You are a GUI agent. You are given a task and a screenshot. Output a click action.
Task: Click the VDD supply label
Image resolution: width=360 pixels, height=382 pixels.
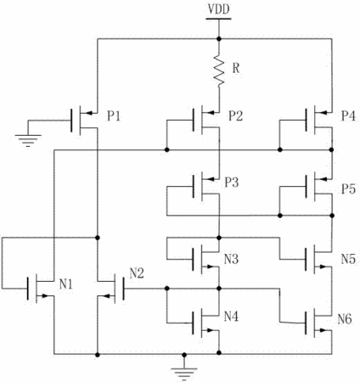[x=218, y=9]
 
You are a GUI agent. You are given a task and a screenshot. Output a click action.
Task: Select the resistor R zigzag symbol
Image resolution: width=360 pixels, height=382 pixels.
[x=219, y=70]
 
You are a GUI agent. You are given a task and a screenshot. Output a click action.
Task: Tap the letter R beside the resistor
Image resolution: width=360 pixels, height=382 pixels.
[x=236, y=68]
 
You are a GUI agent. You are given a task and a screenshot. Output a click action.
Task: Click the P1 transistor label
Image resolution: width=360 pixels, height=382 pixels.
[x=114, y=115]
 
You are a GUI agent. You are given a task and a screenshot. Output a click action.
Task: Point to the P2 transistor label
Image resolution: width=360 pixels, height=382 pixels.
[x=235, y=115]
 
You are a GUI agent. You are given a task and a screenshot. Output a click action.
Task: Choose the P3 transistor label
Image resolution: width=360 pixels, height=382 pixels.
[x=232, y=183]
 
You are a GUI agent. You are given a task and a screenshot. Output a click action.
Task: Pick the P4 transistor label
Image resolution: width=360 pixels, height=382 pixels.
[x=348, y=115]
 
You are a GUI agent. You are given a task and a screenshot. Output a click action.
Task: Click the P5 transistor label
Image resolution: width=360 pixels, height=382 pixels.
[x=348, y=188]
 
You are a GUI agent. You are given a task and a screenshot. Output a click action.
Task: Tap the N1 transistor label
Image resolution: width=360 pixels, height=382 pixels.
[x=66, y=284]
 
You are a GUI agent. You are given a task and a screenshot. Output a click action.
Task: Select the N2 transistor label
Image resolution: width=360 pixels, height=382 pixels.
[x=137, y=273]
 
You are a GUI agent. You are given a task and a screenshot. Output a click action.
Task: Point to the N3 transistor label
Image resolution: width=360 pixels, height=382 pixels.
[x=231, y=259]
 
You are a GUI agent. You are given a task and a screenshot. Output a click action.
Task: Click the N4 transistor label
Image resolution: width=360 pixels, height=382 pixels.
[x=231, y=316]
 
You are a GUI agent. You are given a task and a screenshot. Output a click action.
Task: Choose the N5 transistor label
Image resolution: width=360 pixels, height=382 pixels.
[x=348, y=259]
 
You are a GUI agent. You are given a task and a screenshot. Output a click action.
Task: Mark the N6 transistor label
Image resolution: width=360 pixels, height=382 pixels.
[x=345, y=319]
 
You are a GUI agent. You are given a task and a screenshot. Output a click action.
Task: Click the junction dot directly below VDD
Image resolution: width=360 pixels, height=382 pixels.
[x=218, y=38]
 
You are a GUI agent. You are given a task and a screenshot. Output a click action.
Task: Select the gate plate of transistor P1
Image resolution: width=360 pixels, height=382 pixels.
[x=71, y=121]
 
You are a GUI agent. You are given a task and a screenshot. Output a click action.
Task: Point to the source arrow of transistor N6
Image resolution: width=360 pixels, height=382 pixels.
[x=323, y=330]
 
